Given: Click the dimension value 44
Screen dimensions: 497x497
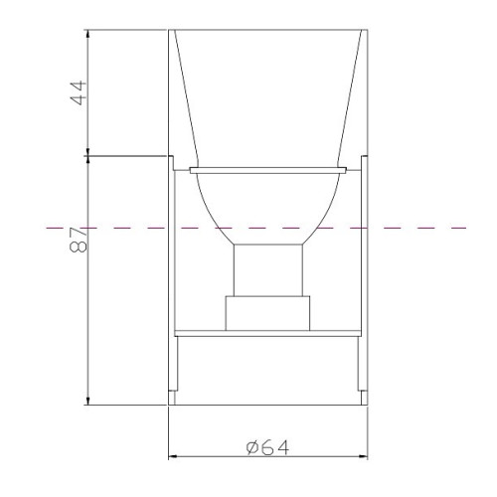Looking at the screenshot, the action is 80,92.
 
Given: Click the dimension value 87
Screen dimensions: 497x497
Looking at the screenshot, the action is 79,240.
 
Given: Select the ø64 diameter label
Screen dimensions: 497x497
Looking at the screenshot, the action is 267,447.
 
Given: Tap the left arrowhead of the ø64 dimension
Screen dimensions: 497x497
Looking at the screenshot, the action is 173,456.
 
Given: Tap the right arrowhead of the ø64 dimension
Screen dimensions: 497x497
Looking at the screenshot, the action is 363,456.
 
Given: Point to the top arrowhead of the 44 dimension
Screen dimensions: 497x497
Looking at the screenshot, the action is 87,34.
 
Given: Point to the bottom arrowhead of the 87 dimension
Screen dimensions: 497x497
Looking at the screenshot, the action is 87,401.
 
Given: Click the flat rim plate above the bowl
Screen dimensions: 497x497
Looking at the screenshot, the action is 268,170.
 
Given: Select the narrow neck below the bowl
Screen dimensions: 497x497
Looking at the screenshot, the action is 268,270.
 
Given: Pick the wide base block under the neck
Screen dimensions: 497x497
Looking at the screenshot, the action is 267,313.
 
